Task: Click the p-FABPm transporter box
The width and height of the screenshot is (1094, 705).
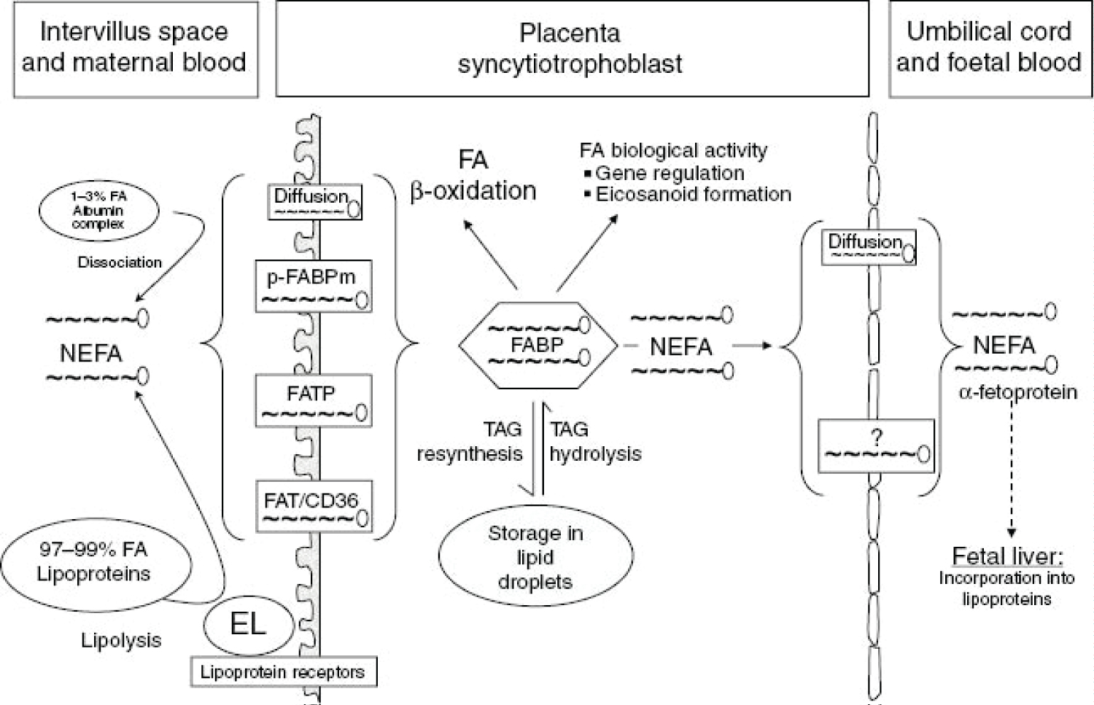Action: pyautogui.click(x=314, y=286)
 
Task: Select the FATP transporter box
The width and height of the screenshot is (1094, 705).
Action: pyautogui.click(x=314, y=400)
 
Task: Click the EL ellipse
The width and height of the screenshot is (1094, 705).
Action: pyautogui.click(x=248, y=625)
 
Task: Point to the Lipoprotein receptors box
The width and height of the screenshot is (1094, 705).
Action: pyautogui.click(x=284, y=671)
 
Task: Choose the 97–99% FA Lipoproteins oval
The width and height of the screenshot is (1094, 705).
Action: pyautogui.click(x=95, y=562)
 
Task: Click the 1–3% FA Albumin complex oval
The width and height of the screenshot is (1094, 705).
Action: pyautogui.click(x=98, y=211)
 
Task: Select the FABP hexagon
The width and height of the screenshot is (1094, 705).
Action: pyautogui.click(x=538, y=344)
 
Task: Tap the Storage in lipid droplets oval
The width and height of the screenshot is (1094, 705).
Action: pyautogui.click(x=535, y=557)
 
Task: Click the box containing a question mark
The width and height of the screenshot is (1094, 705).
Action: pyautogui.click(x=876, y=445)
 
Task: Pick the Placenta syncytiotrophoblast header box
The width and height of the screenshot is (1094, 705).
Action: pyautogui.click(x=571, y=48)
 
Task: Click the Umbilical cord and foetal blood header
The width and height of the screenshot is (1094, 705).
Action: pyautogui.click(x=988, y=48)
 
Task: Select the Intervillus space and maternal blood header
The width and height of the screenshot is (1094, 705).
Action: pyautogui.click(x=135, y=48)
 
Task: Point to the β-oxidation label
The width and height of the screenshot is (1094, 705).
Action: pyautogui.click(x=473, y=191)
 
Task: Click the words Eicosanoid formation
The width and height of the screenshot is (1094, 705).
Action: pyautogui.click(x=693, y=195)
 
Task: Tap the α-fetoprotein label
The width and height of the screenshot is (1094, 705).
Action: pyautogui.click(x=1017, y=393)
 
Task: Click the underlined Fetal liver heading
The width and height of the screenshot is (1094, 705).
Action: pyautogui.click(x=1007, y=557)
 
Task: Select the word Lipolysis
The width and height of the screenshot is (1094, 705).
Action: pyautogui.click(x=121, y=641)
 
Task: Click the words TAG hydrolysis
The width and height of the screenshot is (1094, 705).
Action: pyautogui.click(x=594, y=442)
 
